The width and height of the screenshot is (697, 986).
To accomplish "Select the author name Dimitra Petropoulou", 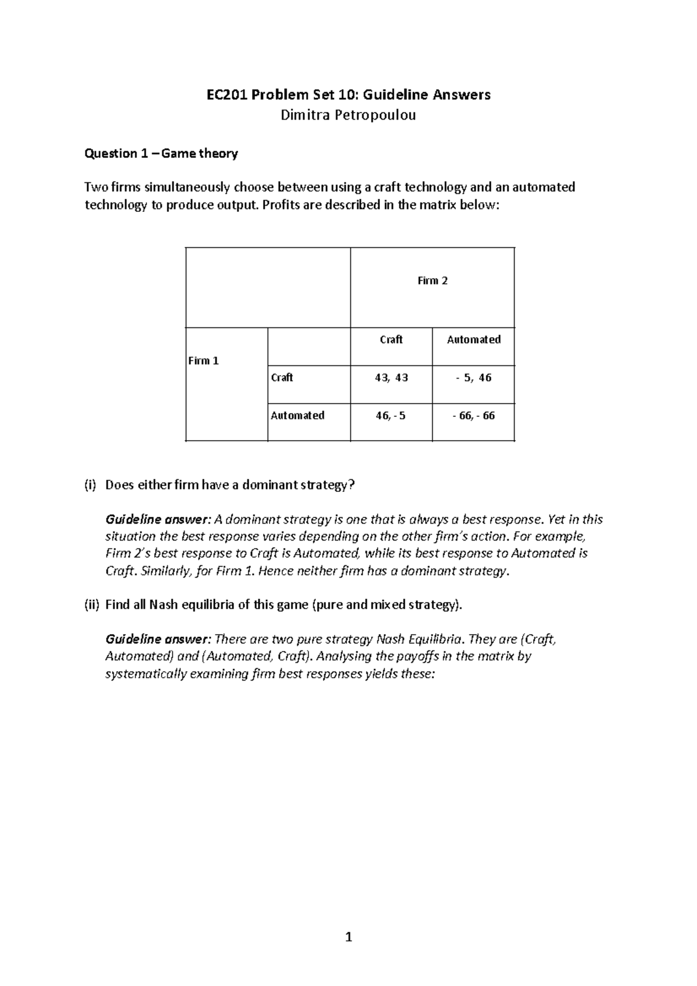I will click(348, 115).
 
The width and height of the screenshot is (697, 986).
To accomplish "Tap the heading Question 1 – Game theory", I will click(161, 153).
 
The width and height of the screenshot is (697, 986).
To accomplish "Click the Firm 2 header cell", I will click(432, 281).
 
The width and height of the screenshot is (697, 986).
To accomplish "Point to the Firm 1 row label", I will click(203, 361).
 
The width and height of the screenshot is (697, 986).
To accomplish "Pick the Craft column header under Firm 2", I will click(391, 340).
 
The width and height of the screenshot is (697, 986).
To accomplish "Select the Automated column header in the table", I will click(473, 340).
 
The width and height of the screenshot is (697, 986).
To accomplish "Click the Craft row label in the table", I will click(282, 377).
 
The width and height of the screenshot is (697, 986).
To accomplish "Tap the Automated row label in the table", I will click(297, 415).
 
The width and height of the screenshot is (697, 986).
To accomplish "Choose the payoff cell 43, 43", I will click(391, 377).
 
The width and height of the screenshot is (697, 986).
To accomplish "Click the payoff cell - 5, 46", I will click(473, 377).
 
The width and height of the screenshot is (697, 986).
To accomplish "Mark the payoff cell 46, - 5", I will click(391, 416).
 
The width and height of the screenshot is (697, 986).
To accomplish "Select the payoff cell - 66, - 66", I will click(473, 416).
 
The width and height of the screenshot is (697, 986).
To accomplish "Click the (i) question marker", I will click(90, 485).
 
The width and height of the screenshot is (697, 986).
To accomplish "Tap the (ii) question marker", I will click(92, 605).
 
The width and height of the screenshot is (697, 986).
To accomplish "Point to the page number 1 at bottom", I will click(348, 937).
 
